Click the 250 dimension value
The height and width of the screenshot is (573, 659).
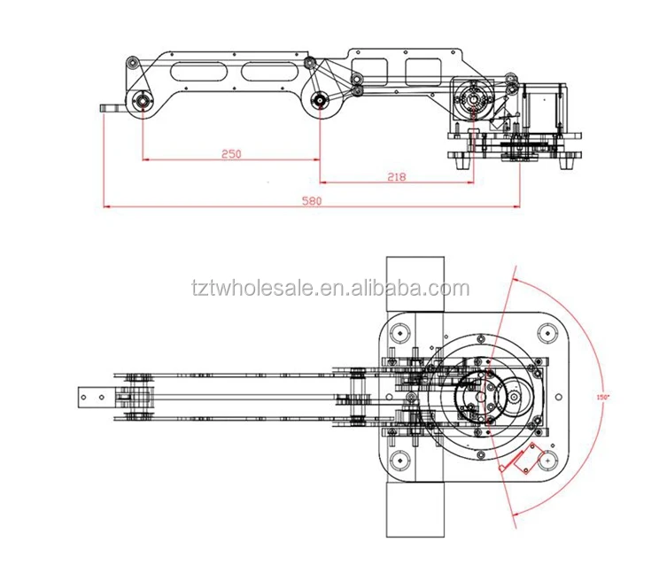tap(230, 153)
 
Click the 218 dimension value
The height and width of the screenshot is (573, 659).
tap(396, 177)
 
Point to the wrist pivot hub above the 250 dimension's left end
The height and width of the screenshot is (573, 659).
tap(142, 102)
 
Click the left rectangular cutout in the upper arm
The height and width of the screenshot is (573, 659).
tap(368, 67)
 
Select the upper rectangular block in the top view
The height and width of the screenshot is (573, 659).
tap(415, 283)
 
